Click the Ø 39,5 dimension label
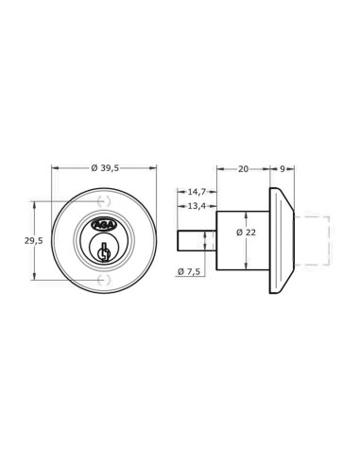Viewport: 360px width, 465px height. pos(105,168)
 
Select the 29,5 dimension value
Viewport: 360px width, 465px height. pos(34,241)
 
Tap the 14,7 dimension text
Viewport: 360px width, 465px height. pos(197,191)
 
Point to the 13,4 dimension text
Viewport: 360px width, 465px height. pos(197,206)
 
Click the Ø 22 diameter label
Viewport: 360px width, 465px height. pos(247,232)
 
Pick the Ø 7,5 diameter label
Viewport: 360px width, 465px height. pos(189,271)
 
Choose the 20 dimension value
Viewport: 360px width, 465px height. pos(243,169)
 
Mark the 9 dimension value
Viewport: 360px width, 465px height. pos(283,169)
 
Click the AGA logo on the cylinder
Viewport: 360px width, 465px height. pos(104,225)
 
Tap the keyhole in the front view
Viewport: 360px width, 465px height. pos(104,252)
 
